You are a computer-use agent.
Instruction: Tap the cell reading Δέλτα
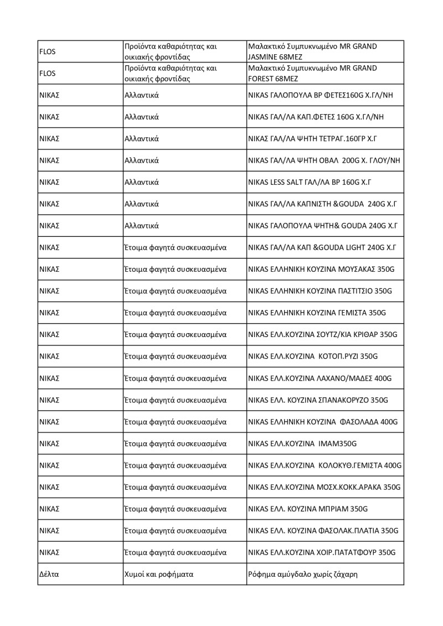(49, 574)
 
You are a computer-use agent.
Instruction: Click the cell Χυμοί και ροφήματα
(158, 574)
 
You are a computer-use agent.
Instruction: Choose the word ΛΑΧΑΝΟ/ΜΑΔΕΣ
(344, 378)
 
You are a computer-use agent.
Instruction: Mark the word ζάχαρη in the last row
(345, 574)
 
